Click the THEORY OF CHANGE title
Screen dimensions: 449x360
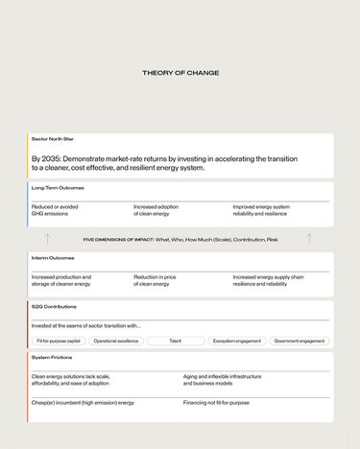[x=180, y=73]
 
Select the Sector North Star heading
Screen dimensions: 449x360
[x=53, y=139]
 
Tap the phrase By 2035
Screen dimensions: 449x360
[x=45, y=157]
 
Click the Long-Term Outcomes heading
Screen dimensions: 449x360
[x=58, y=188]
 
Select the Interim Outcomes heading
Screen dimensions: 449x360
[x=53, y=258]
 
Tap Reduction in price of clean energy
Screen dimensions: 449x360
[x=158, y=280]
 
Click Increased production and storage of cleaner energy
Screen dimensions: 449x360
[x=61, y=280]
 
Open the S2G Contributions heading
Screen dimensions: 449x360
[x=54, y=306]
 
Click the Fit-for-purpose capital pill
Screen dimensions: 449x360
[x=60, y=341]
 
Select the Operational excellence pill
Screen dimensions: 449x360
[x=116, y=341]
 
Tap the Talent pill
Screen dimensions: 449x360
[x=175, y=341]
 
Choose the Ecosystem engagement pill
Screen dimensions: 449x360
[x=236, y=341]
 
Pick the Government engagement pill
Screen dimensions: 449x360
[x=299, y=341]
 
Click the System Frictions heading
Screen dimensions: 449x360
[x=52, y=357]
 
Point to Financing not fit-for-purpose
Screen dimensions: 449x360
[x=216, y=403]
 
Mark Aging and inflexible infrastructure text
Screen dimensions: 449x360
[x=222, y=377]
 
